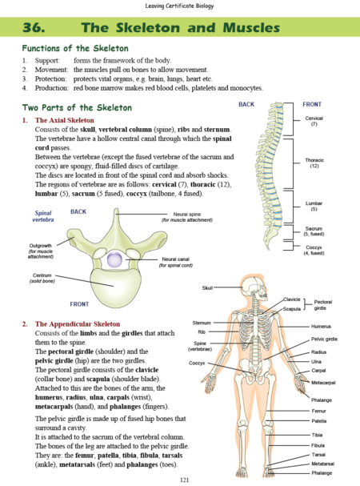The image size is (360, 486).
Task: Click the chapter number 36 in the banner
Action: point(34,27)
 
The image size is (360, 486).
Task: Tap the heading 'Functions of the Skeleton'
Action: point(75,48)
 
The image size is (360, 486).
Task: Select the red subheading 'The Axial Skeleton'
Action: point(65,120)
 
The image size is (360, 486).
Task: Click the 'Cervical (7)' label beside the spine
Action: point(314,121)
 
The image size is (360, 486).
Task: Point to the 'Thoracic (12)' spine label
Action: point(314,163)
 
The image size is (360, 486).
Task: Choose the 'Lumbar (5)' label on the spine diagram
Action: point(314,206)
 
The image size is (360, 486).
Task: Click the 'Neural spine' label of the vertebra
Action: point(187,214)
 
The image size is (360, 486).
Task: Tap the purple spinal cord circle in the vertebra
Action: point(114,259)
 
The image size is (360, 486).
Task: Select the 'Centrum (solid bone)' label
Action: point(42,278)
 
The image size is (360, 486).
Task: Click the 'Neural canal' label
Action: point(175,259)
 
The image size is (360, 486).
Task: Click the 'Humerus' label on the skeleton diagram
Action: point(321,327)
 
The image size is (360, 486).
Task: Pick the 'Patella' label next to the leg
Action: point(318,421)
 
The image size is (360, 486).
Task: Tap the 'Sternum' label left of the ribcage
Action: point(202,323)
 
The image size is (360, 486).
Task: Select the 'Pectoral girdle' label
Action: point(323,305)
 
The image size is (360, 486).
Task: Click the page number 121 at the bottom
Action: point(184,480)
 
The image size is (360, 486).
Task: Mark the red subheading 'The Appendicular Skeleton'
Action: point(78,324)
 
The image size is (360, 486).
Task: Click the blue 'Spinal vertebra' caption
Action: point(43,216)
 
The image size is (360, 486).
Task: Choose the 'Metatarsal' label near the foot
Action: point(323,464)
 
